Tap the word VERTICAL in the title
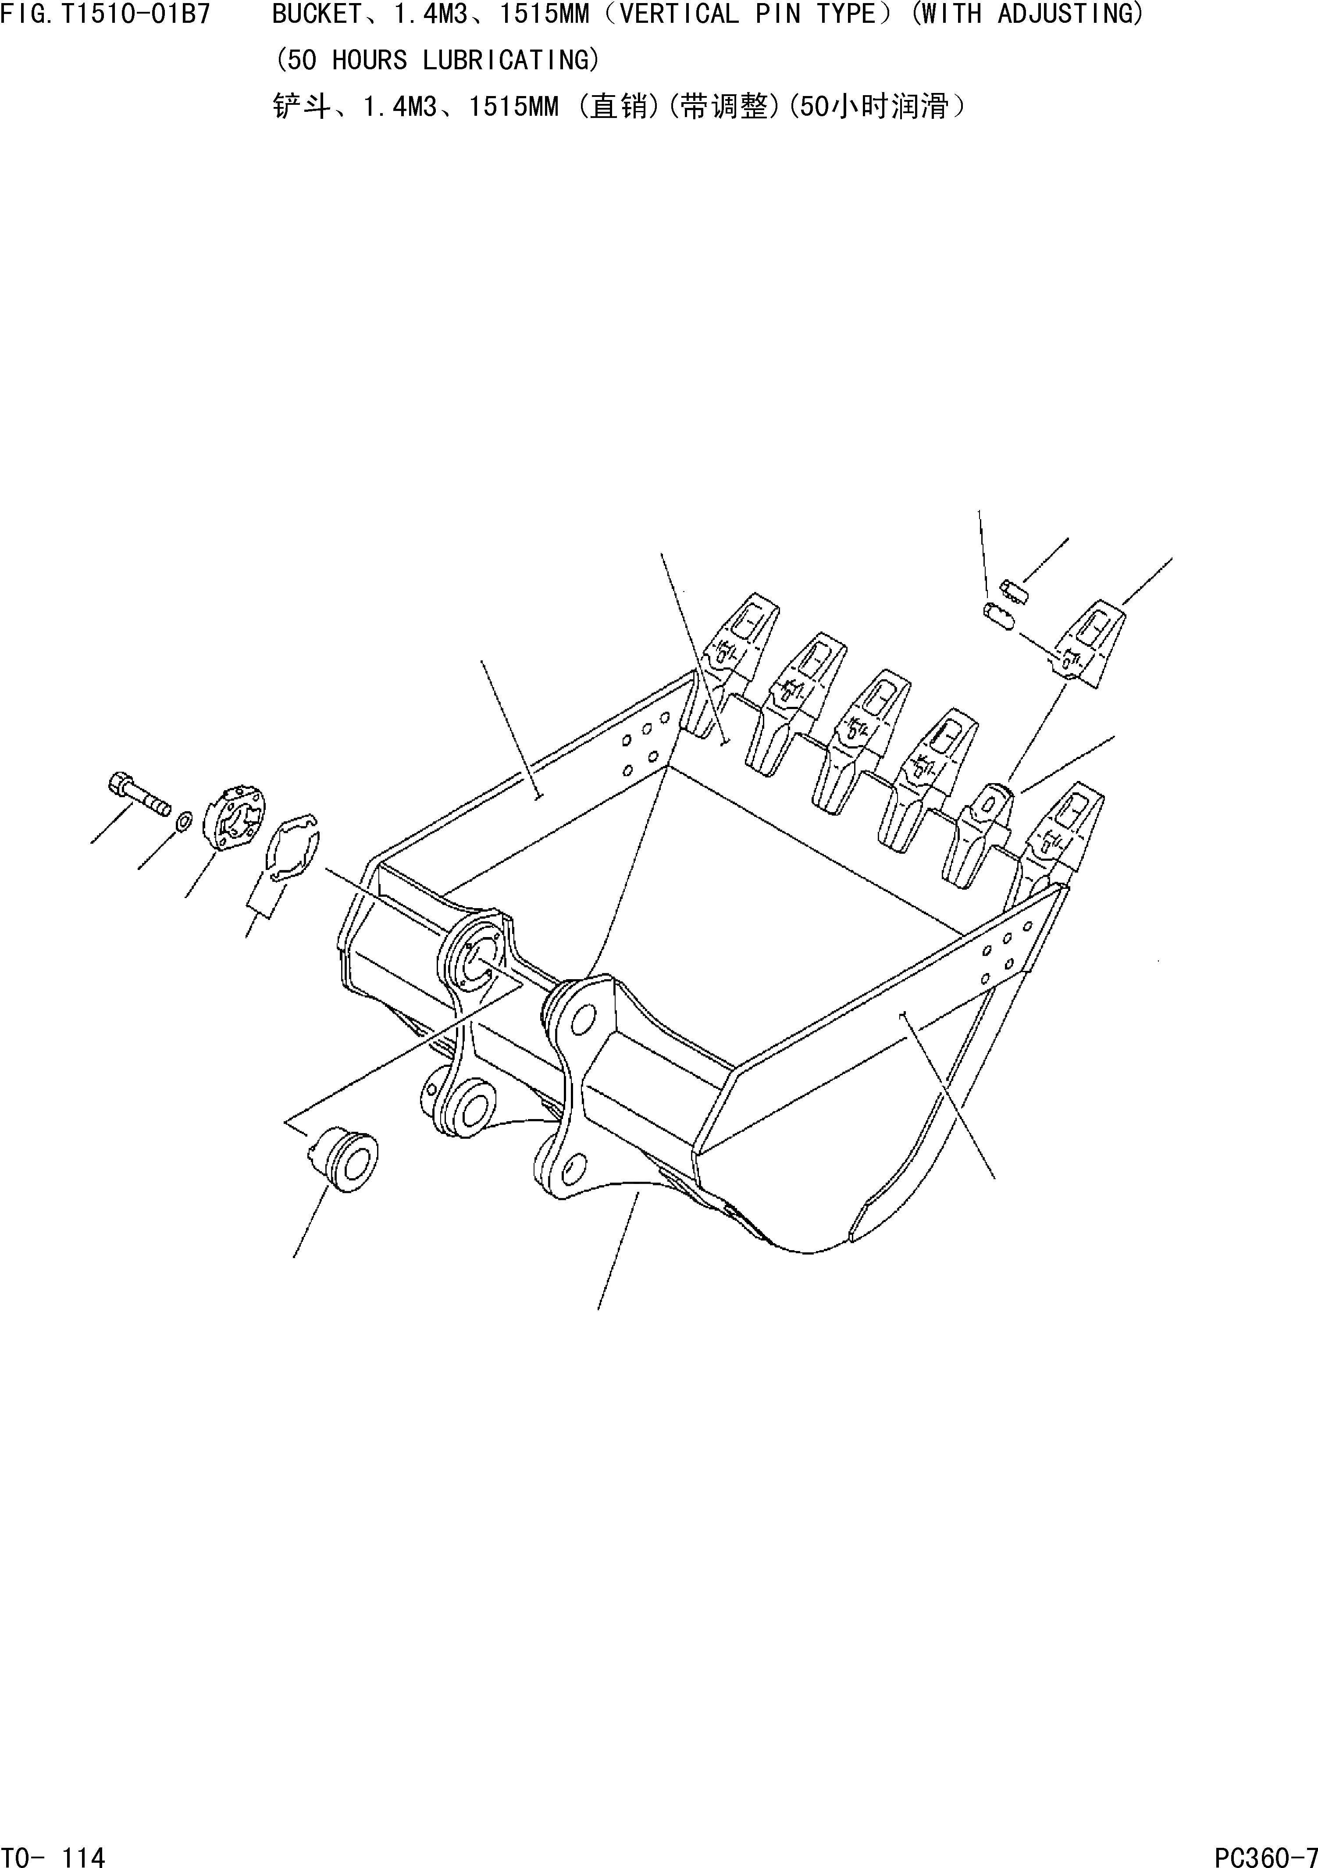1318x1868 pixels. tap(679, 14)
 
